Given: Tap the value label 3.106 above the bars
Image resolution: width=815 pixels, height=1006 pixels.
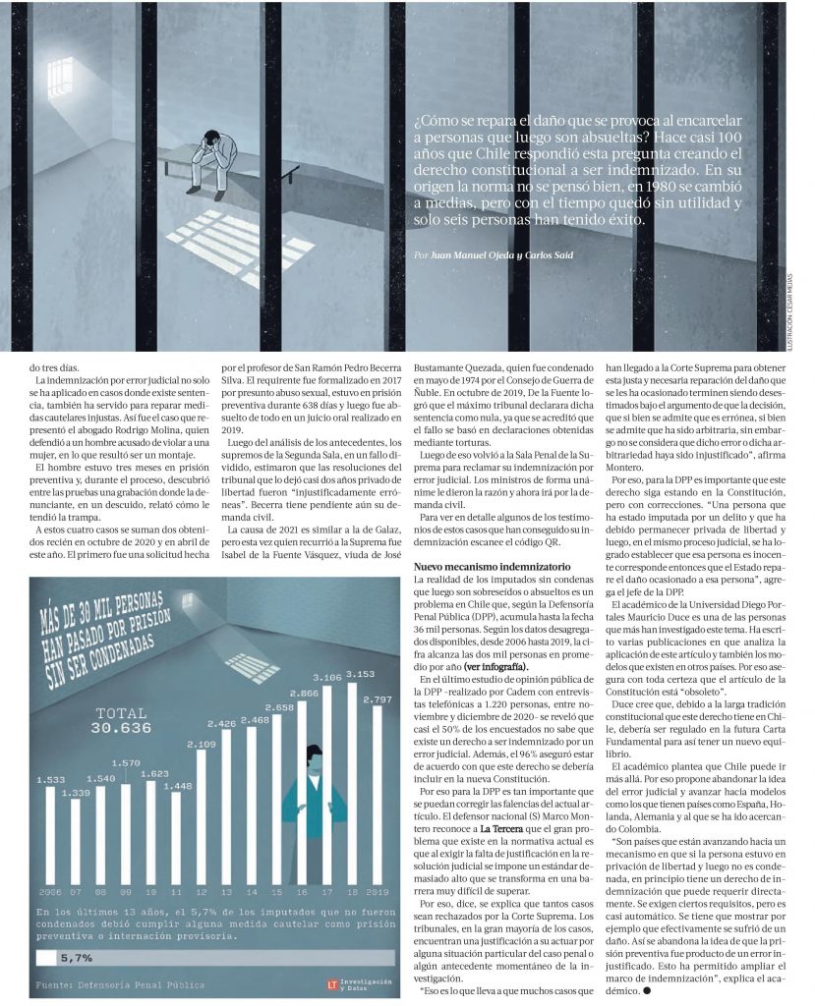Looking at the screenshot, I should click(x=325, y=677).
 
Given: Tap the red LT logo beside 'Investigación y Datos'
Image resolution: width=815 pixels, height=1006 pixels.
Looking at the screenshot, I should click(x=332, y=982).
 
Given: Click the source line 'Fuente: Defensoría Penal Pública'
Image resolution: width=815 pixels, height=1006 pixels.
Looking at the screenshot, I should click(x=120, y=982).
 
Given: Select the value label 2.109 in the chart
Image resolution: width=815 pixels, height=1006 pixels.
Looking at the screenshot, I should click(x=200, y=743).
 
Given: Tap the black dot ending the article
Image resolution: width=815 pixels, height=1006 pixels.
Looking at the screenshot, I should click(x=649, y=990).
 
